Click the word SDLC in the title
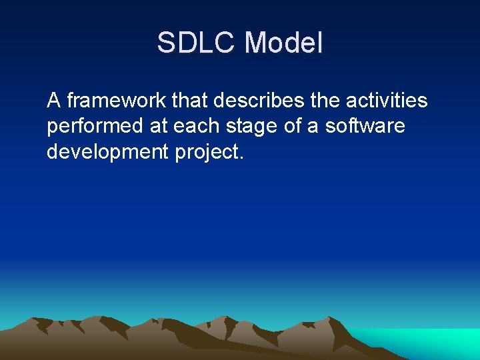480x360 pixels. pos(197,43)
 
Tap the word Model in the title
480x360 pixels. pos(283,43)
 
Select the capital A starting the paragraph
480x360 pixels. pos(54,101)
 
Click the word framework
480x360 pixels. pos(117,101)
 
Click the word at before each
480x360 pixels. pos(150,126)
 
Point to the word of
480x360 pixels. pos(290,126)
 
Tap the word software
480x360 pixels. pos(365,126)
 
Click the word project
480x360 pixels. pos(207,153)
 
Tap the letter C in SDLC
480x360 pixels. pos(223,43)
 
